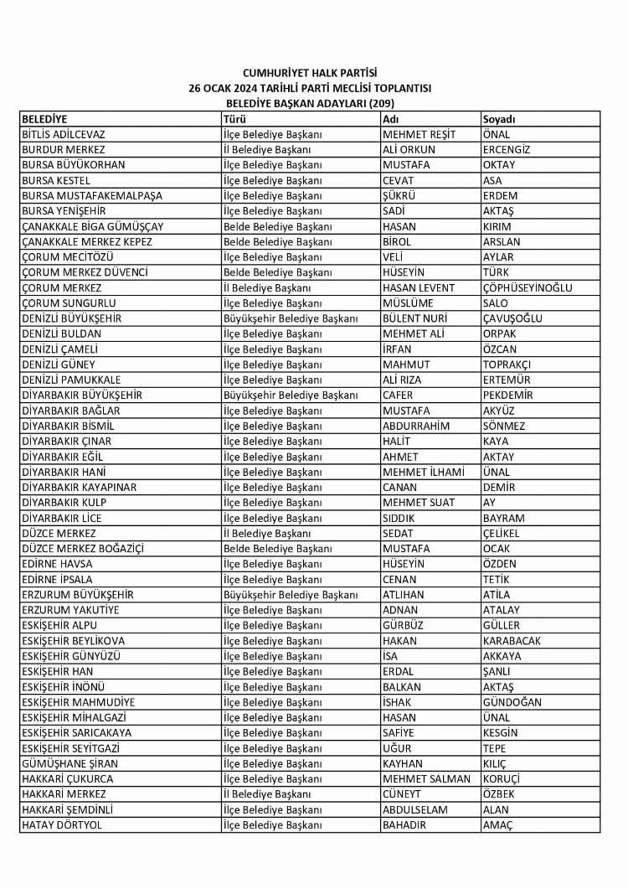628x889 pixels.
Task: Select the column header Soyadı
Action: point(498,119)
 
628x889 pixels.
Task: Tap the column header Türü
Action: point(234,119)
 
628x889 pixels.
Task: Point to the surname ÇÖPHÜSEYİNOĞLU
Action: point(528,287)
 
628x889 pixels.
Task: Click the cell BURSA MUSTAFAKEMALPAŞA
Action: point(92,196)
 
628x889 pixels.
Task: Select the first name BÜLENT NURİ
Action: point(415,318)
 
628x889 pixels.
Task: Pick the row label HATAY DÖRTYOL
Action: point(63,825)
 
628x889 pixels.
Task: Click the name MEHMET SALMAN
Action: point(426,779)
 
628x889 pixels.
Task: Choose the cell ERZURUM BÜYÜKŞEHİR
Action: point(78,595)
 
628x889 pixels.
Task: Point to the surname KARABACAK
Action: point(512,641)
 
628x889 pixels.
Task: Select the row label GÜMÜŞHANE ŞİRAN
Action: point(69,764)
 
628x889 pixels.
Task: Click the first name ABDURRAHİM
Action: point(416,426)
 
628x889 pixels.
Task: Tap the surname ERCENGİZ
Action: point(507,150)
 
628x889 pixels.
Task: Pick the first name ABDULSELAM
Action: point(415,810)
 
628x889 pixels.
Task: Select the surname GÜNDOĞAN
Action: point(512,702)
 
